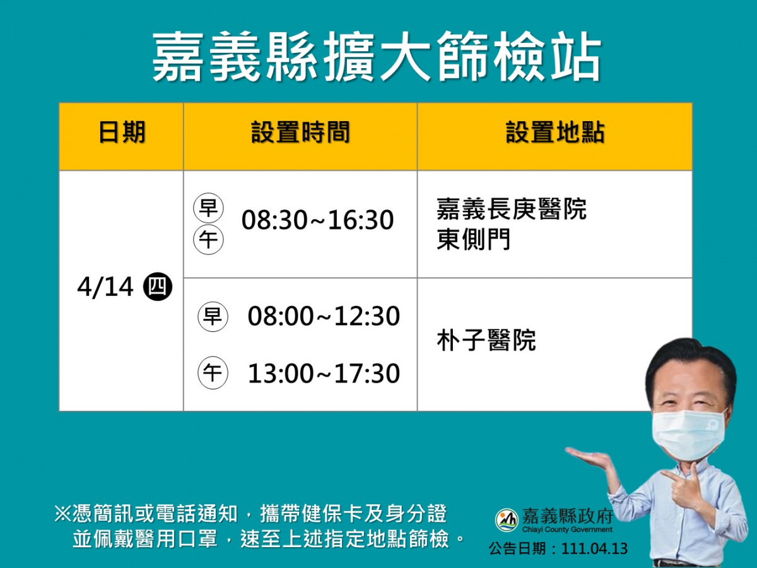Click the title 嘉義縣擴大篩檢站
(x=377, y=57)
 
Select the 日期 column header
(x=122, y=132)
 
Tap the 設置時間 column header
(x=300, y=132)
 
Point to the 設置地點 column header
(x=555, y=132)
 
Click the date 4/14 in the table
(x=105, y=287)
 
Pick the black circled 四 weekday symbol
(x=158, y=287)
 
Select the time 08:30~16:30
(x=317, y=220)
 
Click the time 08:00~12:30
(x=324, y=316)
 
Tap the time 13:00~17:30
(x=324, y=374)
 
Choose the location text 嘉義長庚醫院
(x=512, y=209)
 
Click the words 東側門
(x=474, y=239)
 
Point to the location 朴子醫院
(x=486, y=340)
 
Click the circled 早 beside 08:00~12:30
(x=213, y=317)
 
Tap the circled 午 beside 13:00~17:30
(x=213, y=373)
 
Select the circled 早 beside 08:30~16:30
(x=208, y=208)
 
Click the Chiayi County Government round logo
(x=507, y=520)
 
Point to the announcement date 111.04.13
(x=595, y=549)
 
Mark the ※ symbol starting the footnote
(x=63, y=514)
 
